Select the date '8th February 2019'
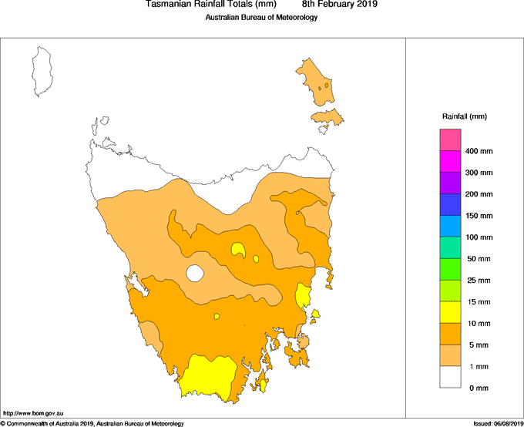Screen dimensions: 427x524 (340, 5)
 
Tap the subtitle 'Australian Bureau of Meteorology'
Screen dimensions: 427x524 (261, 18)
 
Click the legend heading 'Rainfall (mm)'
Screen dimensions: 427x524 (464, 116)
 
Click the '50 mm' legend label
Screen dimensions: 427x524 (479, 259)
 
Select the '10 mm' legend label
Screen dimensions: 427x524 (479, 324)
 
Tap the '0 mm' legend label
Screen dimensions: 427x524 (478, 388)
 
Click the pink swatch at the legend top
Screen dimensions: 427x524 (450, 140)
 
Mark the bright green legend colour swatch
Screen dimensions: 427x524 (450, 269)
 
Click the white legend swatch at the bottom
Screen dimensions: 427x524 (450, 377)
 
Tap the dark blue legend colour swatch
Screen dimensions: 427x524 (450, 204)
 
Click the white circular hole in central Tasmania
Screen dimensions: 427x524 (195, 273)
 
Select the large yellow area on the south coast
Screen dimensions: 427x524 (207, 378)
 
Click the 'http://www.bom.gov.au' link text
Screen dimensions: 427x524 (33, 413)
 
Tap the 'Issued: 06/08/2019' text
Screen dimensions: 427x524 (498, 423)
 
